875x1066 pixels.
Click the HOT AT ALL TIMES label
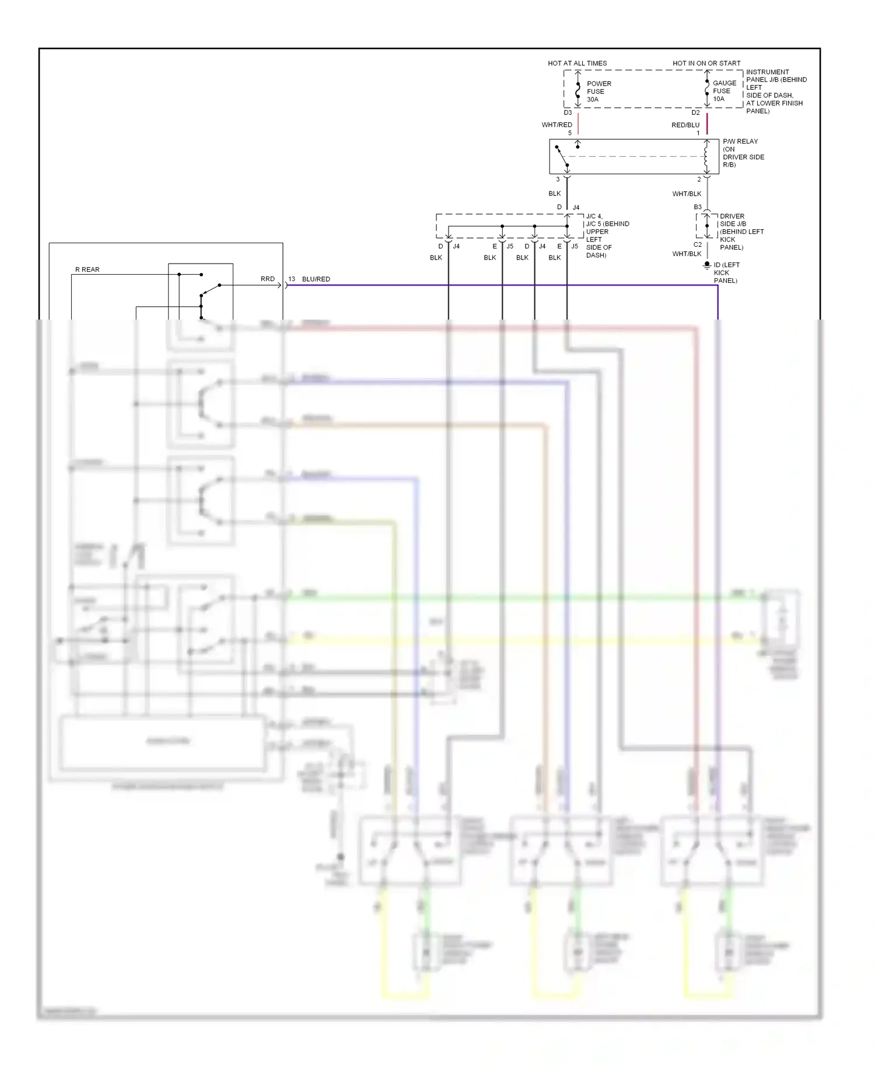point(577,63)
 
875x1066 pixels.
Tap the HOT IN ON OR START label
point(706,63)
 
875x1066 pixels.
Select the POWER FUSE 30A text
point(598,92)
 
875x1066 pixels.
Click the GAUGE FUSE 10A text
point(724,91)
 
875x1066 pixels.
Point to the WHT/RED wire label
point(556,125)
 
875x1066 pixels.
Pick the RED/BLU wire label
point(685,125)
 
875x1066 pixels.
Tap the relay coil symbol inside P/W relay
point(706,155)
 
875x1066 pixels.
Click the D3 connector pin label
point(568,113)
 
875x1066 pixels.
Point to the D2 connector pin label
point(695,113)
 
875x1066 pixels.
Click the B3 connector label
point(698,207)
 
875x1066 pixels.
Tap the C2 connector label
point(698,244)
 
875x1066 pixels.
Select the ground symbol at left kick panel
point(707,266)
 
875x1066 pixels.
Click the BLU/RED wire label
point(316,279)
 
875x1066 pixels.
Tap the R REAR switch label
point(87,269)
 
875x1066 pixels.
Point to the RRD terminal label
point(267,279)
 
